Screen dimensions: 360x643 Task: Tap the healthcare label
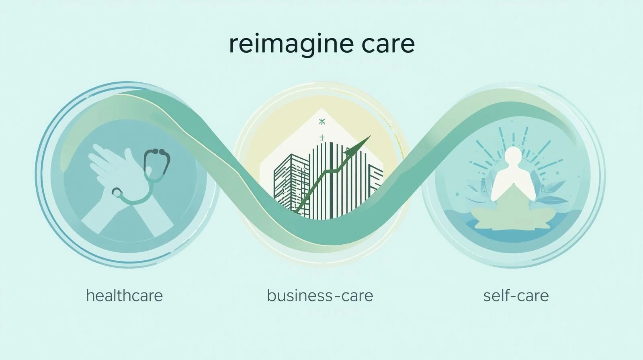pos(125,296)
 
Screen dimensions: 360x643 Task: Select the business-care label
pos(320,296)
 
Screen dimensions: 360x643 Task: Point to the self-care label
pos(516,296)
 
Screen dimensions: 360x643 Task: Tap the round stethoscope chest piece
pos(117,192)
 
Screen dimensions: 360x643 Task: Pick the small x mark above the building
pos(321,121)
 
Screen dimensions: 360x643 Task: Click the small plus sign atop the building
pos(321,137)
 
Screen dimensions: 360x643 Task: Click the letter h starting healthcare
pos(90,295)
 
